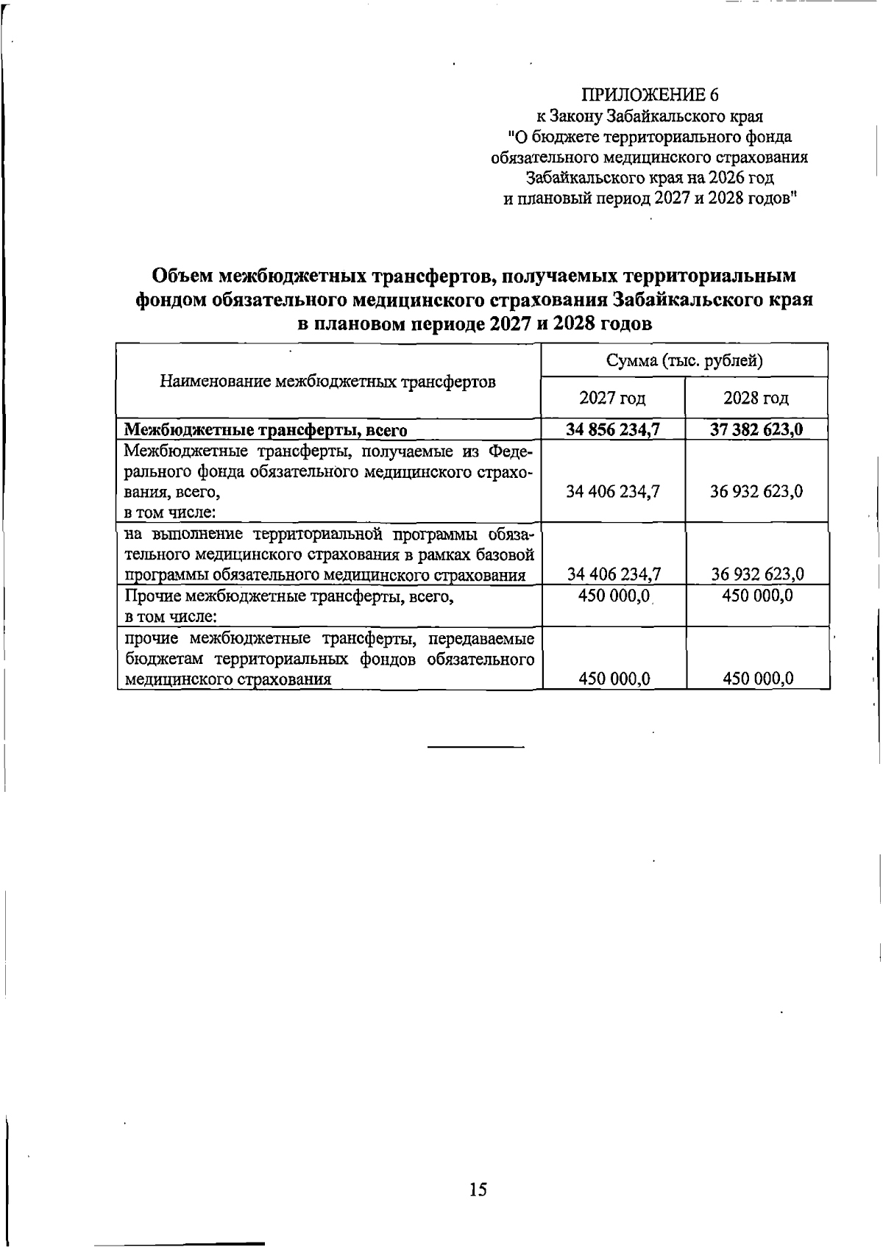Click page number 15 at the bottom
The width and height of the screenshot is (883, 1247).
[478, 1190]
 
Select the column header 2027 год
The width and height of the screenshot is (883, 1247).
[612, 399]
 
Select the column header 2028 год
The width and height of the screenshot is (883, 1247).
[756, 399]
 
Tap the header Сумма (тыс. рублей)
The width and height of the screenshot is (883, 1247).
[684, 360]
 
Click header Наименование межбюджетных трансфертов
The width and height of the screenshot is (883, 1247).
[328, 382]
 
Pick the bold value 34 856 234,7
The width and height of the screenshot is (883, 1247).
[612, 429]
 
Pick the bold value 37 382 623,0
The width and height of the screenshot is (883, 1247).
[756, 429]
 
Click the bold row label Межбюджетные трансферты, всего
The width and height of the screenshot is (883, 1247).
[266, 430]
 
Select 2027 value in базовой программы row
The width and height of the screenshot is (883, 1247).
[612, 574]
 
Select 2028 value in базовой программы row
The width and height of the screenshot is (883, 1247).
[756, 574]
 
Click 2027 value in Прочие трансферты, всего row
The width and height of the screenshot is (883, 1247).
[612, 596]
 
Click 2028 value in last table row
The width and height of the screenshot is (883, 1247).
[757, 679]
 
